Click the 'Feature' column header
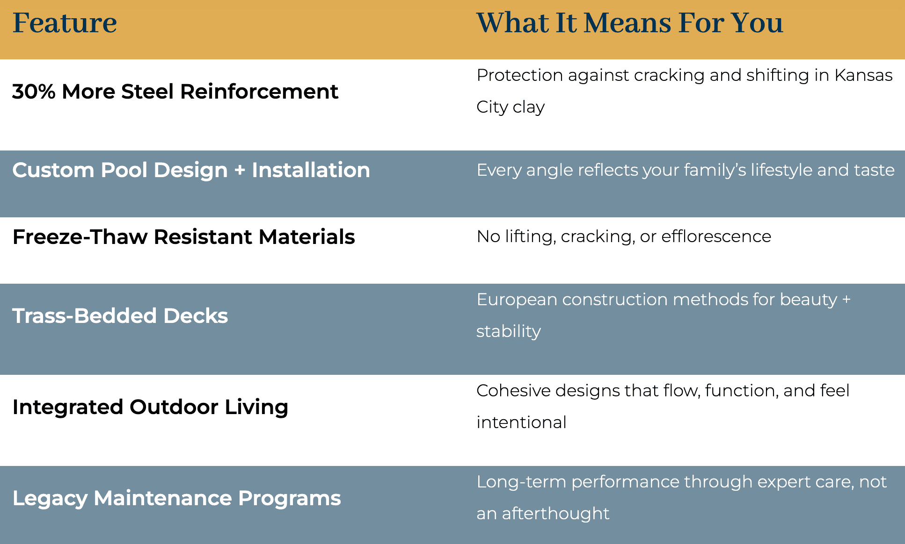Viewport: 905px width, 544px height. (x=65, y=23)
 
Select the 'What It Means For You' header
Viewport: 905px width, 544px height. (x=629, y=23)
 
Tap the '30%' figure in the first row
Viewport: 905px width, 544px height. (x=34, y=92)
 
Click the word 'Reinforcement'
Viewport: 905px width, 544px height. (x=259, y=92)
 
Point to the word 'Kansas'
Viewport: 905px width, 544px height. (x=863, y=75)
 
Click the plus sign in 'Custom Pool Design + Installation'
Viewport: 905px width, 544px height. (x=240, y=171)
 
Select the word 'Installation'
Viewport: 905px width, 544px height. (x=311, y=170)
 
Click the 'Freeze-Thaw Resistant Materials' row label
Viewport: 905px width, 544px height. (x=183, y=237)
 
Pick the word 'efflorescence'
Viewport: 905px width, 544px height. (x=716, y=236)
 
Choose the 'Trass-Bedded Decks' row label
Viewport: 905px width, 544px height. (x=120, y=316)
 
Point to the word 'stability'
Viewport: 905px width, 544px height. (x=509, y=331)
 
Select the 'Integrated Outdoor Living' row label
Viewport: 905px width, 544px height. (x=150, y=407)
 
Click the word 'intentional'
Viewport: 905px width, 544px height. (x=521, y=422)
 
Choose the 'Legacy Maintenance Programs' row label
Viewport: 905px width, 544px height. (x=176, y=498)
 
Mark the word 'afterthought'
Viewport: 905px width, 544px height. (x=555, y=514)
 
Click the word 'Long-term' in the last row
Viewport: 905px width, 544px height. (x=521, y=482)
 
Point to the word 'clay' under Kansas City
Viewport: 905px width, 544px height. (x=529, y=107)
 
